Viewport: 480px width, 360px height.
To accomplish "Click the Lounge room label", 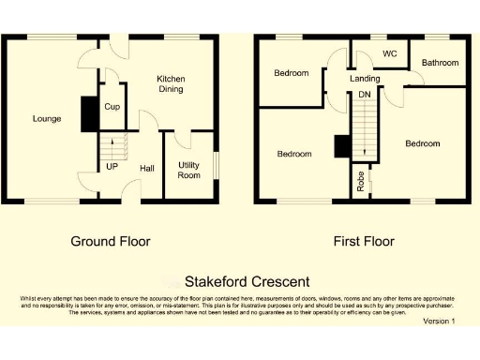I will point(47,118).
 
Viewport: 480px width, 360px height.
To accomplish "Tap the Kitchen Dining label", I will point(170,84).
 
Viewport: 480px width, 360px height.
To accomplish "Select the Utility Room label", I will point(189,170).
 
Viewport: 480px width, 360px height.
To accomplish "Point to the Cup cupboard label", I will point(112,108).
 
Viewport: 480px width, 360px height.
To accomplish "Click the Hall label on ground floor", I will point(147,169).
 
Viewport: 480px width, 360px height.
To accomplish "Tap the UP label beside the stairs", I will point(112,167).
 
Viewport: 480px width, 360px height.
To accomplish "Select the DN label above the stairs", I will point(364,95).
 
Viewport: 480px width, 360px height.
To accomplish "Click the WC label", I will point(389,54).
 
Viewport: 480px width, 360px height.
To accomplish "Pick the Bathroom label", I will point(440,63).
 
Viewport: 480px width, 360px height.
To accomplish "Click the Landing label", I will point(365,79).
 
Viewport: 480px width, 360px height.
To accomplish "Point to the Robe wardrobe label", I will point(360,181).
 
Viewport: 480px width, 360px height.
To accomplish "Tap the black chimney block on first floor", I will point(342,147).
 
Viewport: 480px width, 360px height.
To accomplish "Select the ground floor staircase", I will point(112,148).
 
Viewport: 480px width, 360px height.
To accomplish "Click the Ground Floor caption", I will point(111,241).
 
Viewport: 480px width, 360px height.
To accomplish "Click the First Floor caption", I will point(364,241).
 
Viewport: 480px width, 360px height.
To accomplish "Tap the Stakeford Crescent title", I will point(247,281).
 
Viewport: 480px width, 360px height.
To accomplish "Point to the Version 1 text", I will point(439,321).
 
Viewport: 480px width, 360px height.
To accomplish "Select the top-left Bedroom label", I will point(292,73).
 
